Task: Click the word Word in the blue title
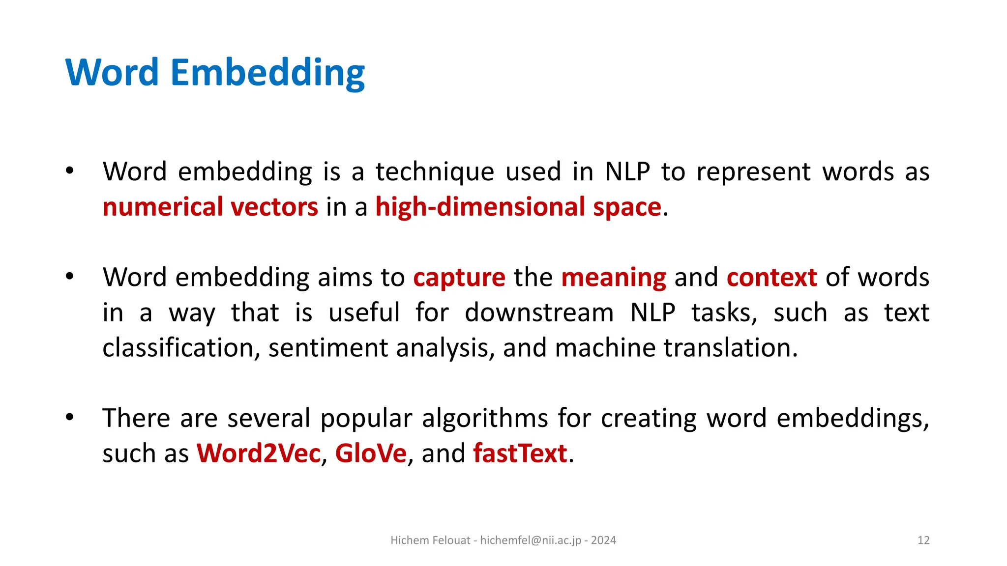click(x=112, y=73)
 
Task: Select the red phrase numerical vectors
click(x=210, y=207)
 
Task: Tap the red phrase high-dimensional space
click(x=518, y=207)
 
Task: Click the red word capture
click(x=459, y=278)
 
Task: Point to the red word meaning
click(x=614, y=278)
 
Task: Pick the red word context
click(x=771, y=278)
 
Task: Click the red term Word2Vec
click(x=259, y=453)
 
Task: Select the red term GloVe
click(x=371, y=453)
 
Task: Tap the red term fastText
click(x=520, y=453)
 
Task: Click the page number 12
click(x=923, y=540)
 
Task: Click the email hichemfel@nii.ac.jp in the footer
click(x=531, y=540)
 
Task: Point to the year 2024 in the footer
click(x=603, y=540)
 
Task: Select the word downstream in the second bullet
click(x=539, y=313)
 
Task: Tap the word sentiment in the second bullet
click(x=328, y=348)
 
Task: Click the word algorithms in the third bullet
click(x=484, y=419)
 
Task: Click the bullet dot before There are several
click(x=70, y=418)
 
